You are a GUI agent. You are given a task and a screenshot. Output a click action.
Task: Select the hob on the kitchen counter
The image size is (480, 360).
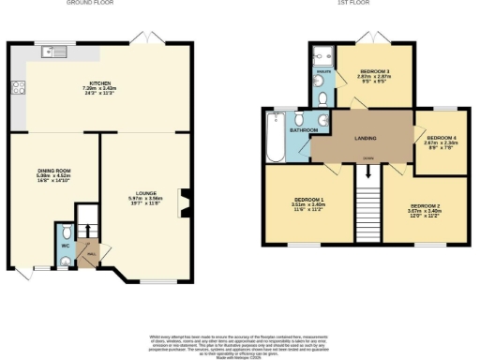[x=16, y=88]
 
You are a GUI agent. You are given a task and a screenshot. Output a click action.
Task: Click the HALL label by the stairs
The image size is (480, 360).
[x=91, y=251]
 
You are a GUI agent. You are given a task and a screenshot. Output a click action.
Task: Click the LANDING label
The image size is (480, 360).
[x=364, y=138]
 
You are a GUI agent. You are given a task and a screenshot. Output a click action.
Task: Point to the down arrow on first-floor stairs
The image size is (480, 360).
[x=367, y=172]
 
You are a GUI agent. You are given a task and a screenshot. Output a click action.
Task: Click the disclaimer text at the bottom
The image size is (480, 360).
[x=240, y=343]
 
